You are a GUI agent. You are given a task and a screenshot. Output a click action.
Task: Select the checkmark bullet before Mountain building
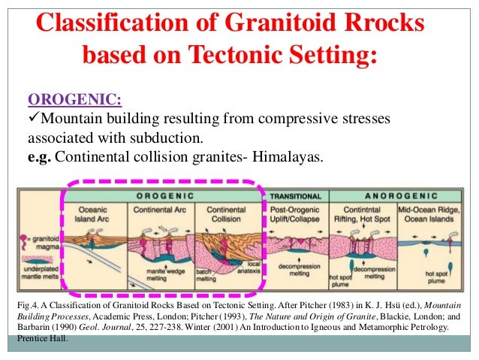click(33, 119)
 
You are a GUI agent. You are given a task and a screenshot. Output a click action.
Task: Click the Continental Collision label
click(224, 212)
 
